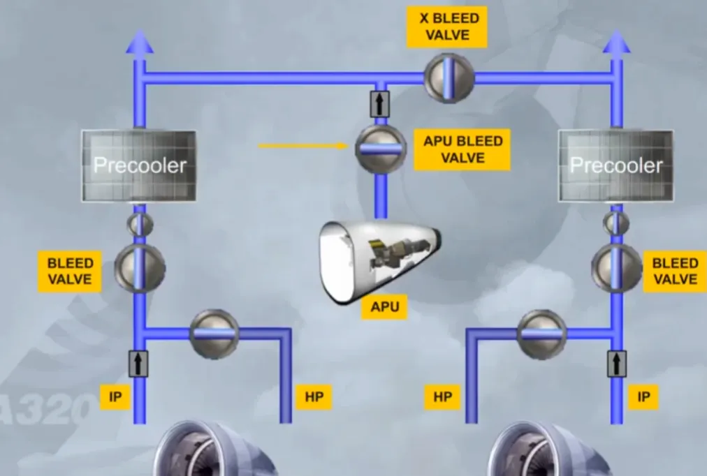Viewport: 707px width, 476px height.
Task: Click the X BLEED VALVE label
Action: [x=447, y=27]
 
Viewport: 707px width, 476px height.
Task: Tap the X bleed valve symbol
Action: [x=449, y=78]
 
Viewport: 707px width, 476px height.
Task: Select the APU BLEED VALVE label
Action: [x=462, y=149]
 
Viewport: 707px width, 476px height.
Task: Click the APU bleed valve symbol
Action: [x=381, y=149]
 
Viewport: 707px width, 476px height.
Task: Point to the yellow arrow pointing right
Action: [x=303, y=146]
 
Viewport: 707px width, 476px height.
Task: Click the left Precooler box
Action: [x=139, y=165]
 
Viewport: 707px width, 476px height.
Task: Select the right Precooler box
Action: [x=616, y=165]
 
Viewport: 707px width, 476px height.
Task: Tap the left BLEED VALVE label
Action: [x=70, y=271]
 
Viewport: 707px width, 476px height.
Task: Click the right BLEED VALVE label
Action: [x=675, y=271]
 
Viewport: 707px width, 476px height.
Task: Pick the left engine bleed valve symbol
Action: [x=140, y=269]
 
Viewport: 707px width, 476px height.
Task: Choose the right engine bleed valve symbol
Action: [x=617, y=269]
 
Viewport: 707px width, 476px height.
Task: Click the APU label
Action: [x=385, y=307]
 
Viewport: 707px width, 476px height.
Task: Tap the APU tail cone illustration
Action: [x=379, y=262]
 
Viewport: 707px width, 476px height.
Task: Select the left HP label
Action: [x=314, y=397]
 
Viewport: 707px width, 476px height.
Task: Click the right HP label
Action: [x=442, y=397]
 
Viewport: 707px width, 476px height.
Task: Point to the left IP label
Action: [x=115, y=397]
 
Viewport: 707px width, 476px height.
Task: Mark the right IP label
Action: [x=643, y=397]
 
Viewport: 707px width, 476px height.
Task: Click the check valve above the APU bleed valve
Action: [x=380, y=103]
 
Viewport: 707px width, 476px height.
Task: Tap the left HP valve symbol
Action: [x=214, y=334]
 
